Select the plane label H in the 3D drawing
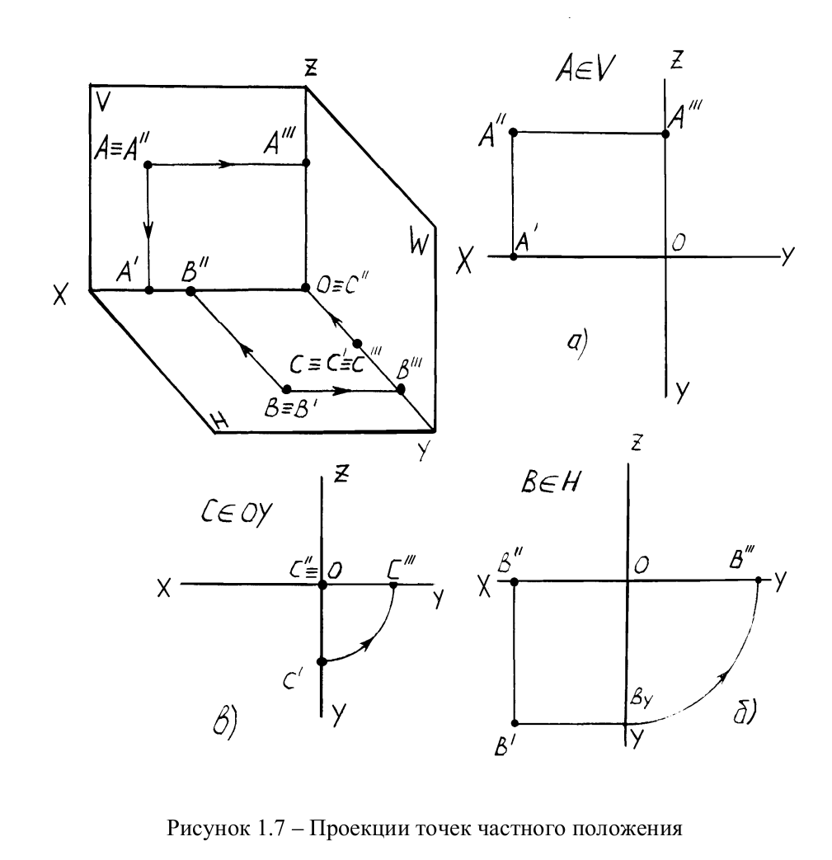click(220, 422)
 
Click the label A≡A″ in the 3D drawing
click(121, 147)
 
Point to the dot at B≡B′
click(287, 389)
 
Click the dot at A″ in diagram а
click(513, 132)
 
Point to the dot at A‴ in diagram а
click(665, 134)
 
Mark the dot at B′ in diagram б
click(514, 723)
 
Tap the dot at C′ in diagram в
click(322, 661)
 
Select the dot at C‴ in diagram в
click(393, 585)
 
